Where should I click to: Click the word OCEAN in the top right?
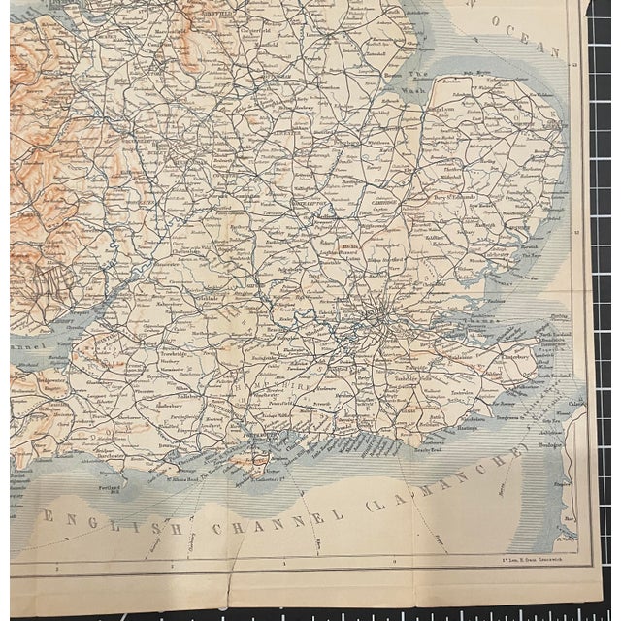tap(533, 41)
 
